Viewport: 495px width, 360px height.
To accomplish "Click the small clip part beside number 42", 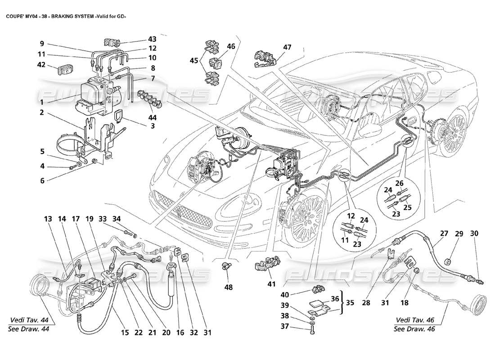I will click(63, 70).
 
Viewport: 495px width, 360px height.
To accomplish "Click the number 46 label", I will click(231, 46).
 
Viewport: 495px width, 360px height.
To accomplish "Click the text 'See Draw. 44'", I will click(29, 328).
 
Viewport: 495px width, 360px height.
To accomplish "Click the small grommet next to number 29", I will click(448, 261).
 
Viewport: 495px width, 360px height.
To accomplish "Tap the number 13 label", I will click(48, 219).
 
